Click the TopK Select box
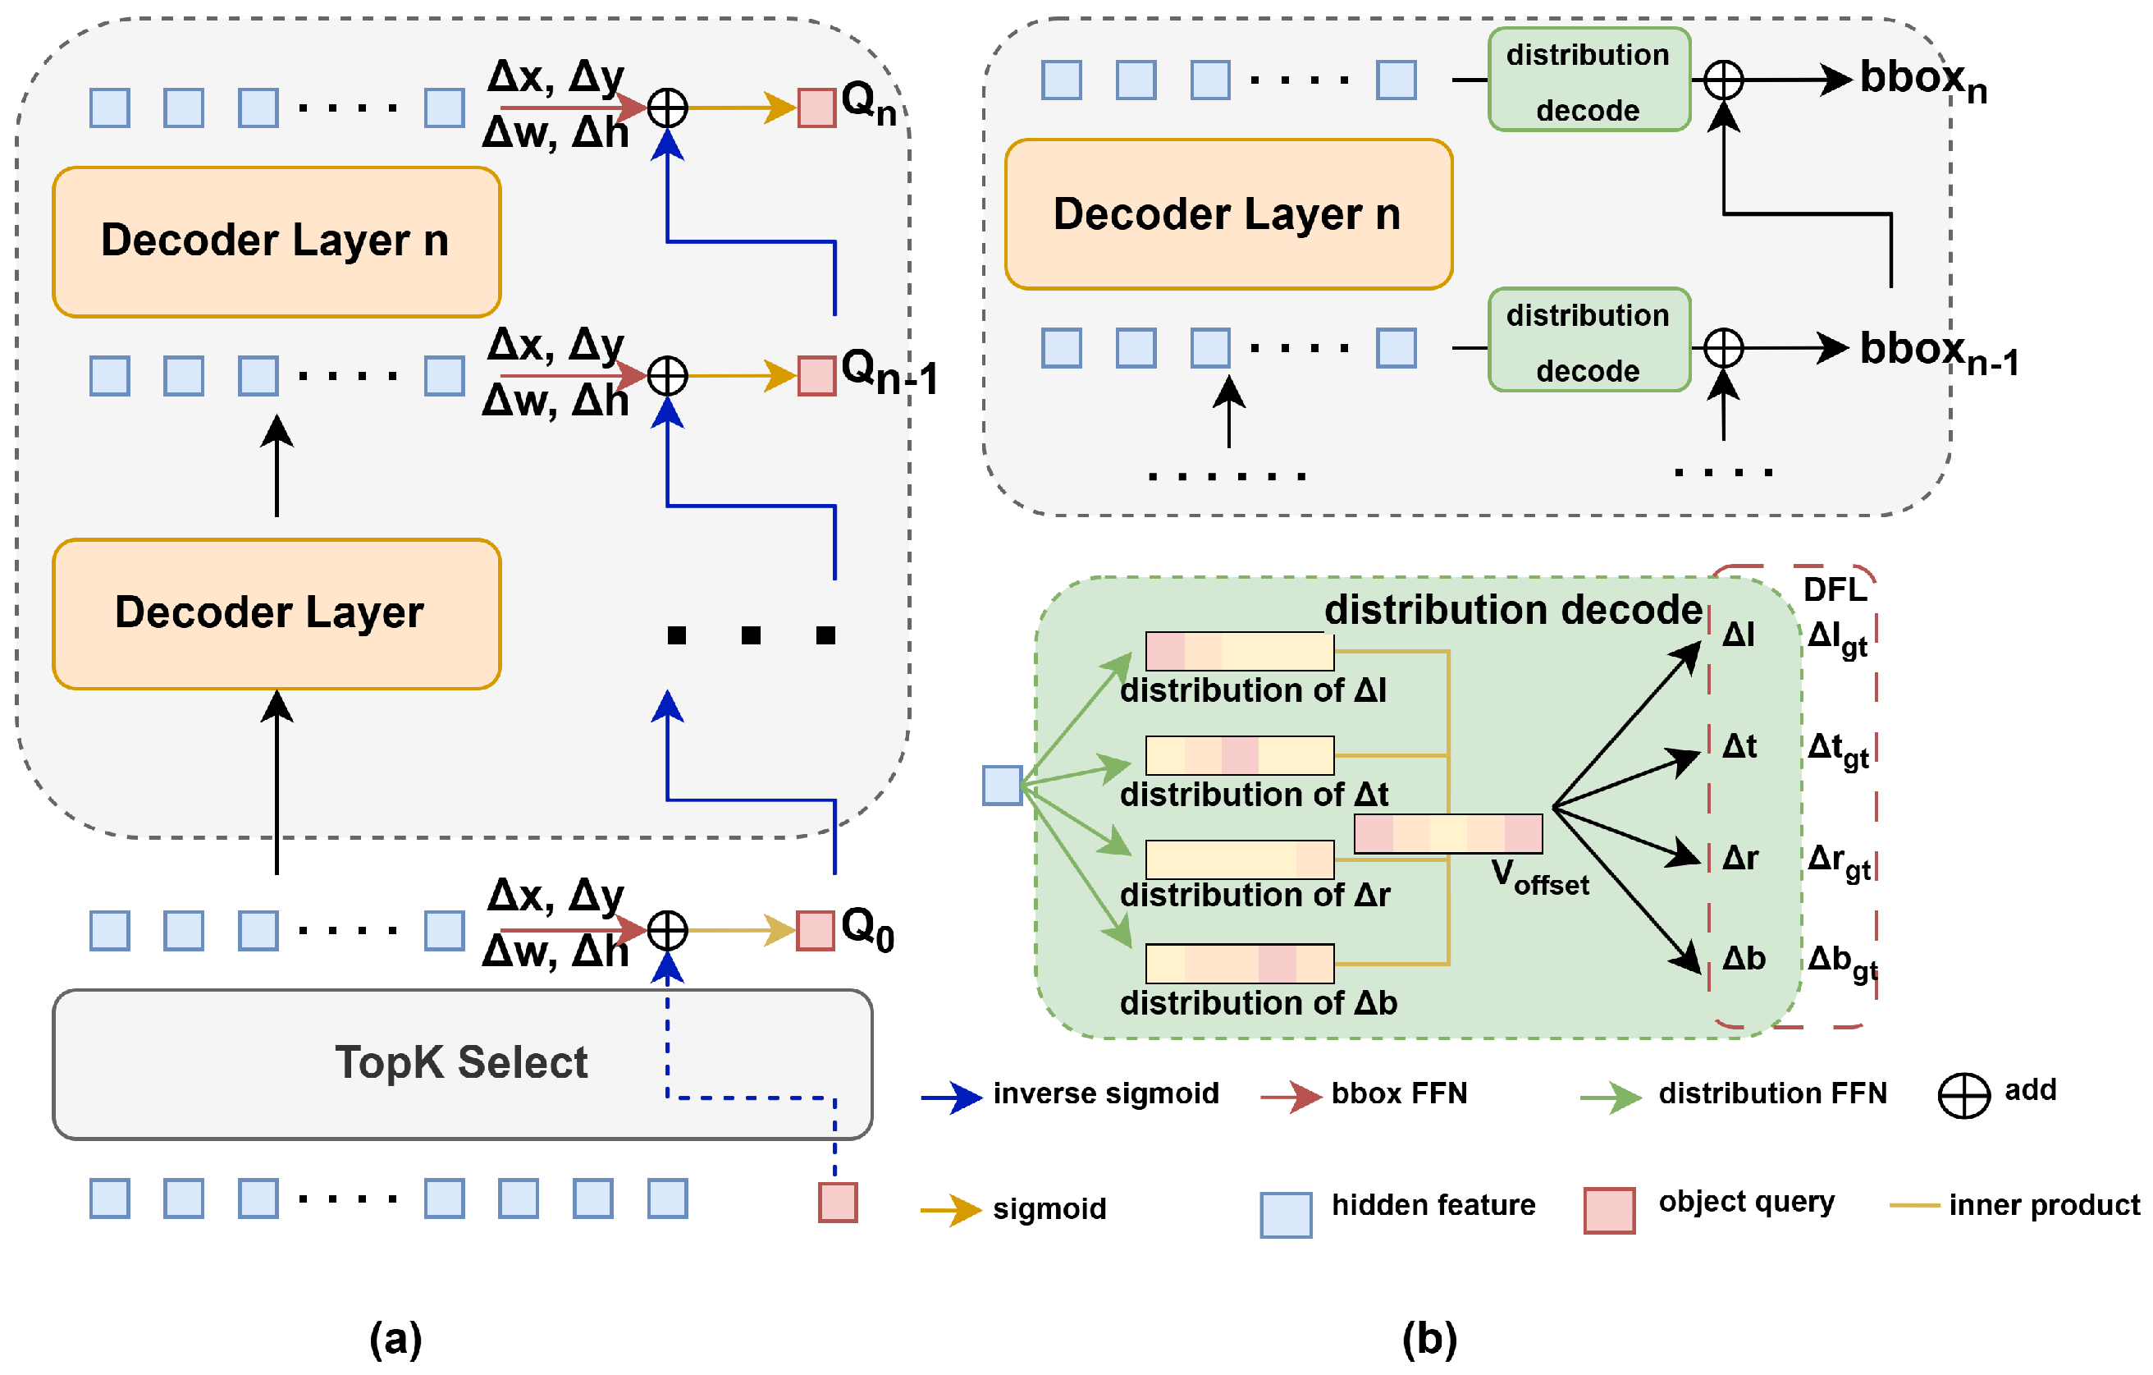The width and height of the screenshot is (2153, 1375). pos(461,1064)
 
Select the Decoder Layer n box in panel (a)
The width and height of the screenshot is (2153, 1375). pos(277,241)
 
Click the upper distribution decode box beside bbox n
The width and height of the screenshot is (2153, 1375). pos(1588,80)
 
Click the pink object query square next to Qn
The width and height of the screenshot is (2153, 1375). pos(816,108)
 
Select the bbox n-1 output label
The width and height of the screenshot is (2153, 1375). pos(1937,351)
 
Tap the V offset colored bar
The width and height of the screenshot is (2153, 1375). pos(1447,833)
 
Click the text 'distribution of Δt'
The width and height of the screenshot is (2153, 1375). pos(1254,794)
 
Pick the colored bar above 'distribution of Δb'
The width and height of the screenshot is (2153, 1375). pos(1239,964)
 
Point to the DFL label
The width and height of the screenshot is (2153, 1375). pos(1835,590)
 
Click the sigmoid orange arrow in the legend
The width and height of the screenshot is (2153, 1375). pos(951,1210)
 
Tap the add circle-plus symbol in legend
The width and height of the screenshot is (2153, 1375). pos(1963,1096)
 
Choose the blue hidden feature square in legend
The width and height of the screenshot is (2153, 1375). pos(1286,1214)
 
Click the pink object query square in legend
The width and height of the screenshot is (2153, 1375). pos(1608,1210)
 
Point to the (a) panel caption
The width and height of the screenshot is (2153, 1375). pos(395,1339)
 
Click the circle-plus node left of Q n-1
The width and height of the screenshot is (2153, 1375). pos(667,376)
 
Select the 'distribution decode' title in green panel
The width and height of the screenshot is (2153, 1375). pos(1513,610)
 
